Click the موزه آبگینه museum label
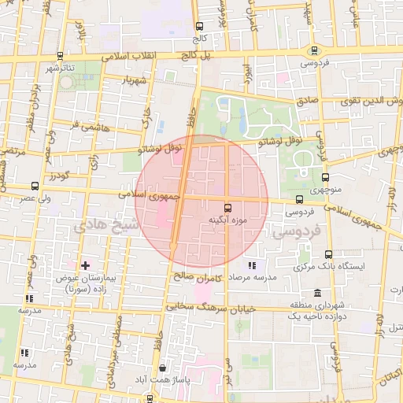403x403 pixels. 227,220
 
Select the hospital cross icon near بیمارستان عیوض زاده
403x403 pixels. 86,267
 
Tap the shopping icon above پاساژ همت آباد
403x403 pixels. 162,368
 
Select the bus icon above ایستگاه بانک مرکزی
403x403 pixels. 328,254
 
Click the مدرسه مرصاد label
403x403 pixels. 253,278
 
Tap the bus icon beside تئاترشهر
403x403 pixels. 61,56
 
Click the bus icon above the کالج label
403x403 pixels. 198,26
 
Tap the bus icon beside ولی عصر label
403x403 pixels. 35,187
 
